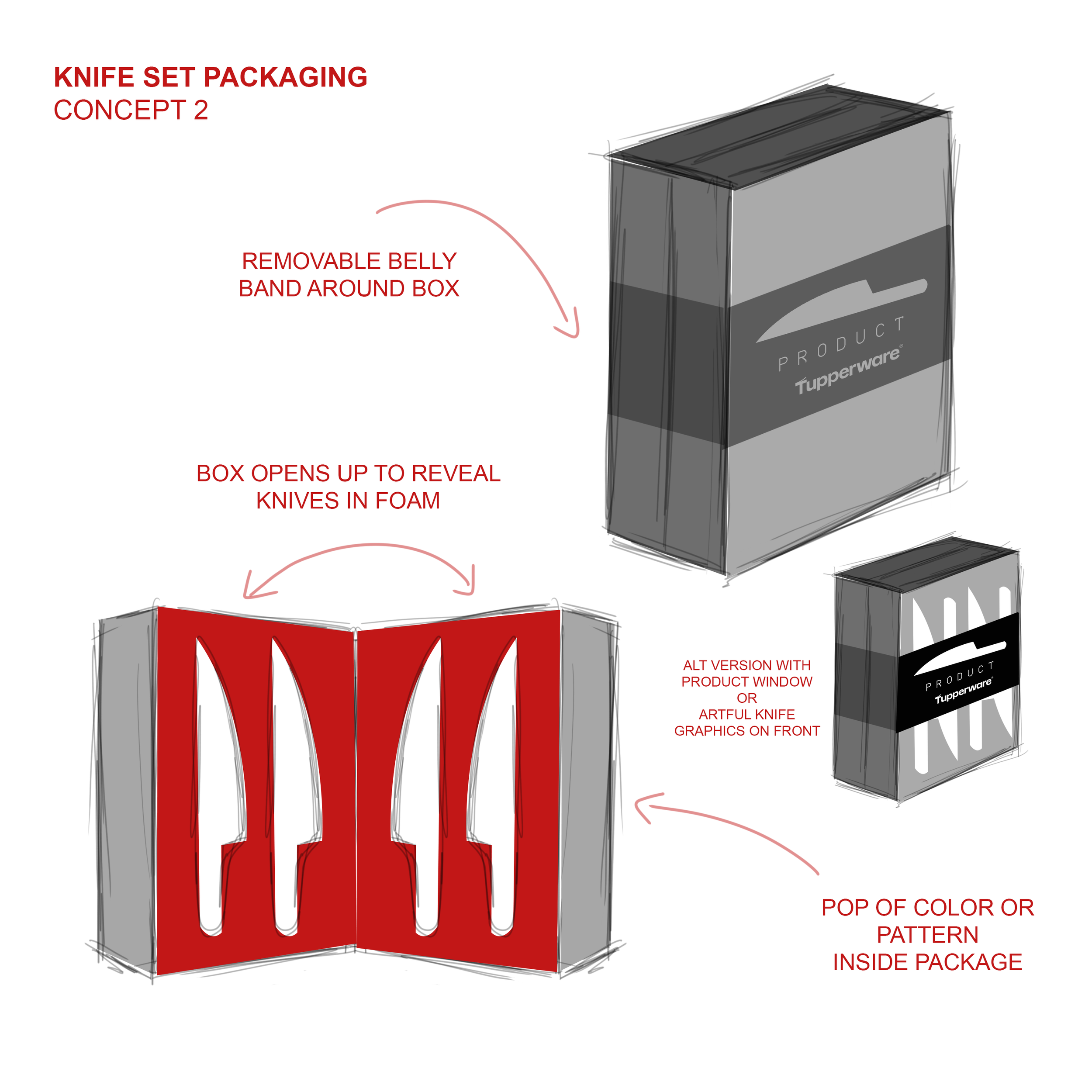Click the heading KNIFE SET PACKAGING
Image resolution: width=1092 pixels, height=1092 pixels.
[210, 77]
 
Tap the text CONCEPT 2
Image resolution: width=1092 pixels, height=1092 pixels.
[131, 110]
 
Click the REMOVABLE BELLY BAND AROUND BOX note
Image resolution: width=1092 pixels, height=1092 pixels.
[349, 275]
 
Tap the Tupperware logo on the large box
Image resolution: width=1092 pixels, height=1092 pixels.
[848, 371]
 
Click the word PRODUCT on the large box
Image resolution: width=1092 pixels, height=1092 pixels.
[841, 343]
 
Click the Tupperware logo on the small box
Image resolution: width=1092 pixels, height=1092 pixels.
[963, 691]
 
